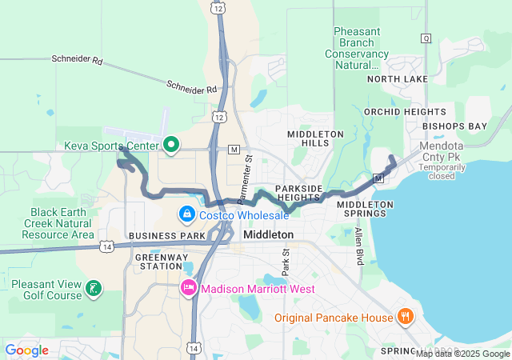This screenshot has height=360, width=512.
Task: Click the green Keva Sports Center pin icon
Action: [x=170, y=146]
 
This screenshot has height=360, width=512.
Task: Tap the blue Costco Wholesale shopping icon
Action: [x=186, y=214]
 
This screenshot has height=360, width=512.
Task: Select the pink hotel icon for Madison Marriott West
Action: [x=189, y=288]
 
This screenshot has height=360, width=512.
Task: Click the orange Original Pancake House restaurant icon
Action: [x=406, y=317]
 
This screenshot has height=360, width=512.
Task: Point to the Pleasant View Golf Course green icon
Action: [x=94, y=288]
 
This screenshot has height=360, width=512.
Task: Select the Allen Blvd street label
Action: [x=358, y=246]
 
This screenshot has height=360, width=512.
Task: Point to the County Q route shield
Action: [x=426, y=38]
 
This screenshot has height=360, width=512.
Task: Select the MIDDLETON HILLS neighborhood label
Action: [x=315, y=138]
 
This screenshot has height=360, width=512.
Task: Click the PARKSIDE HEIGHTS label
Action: [x=298, y=193]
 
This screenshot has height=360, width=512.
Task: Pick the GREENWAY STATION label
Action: [x=162, y=262]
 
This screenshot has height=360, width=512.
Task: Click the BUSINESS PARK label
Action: [x=166, y=236]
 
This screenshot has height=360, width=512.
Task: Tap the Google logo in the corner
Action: [x=27, y=350]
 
